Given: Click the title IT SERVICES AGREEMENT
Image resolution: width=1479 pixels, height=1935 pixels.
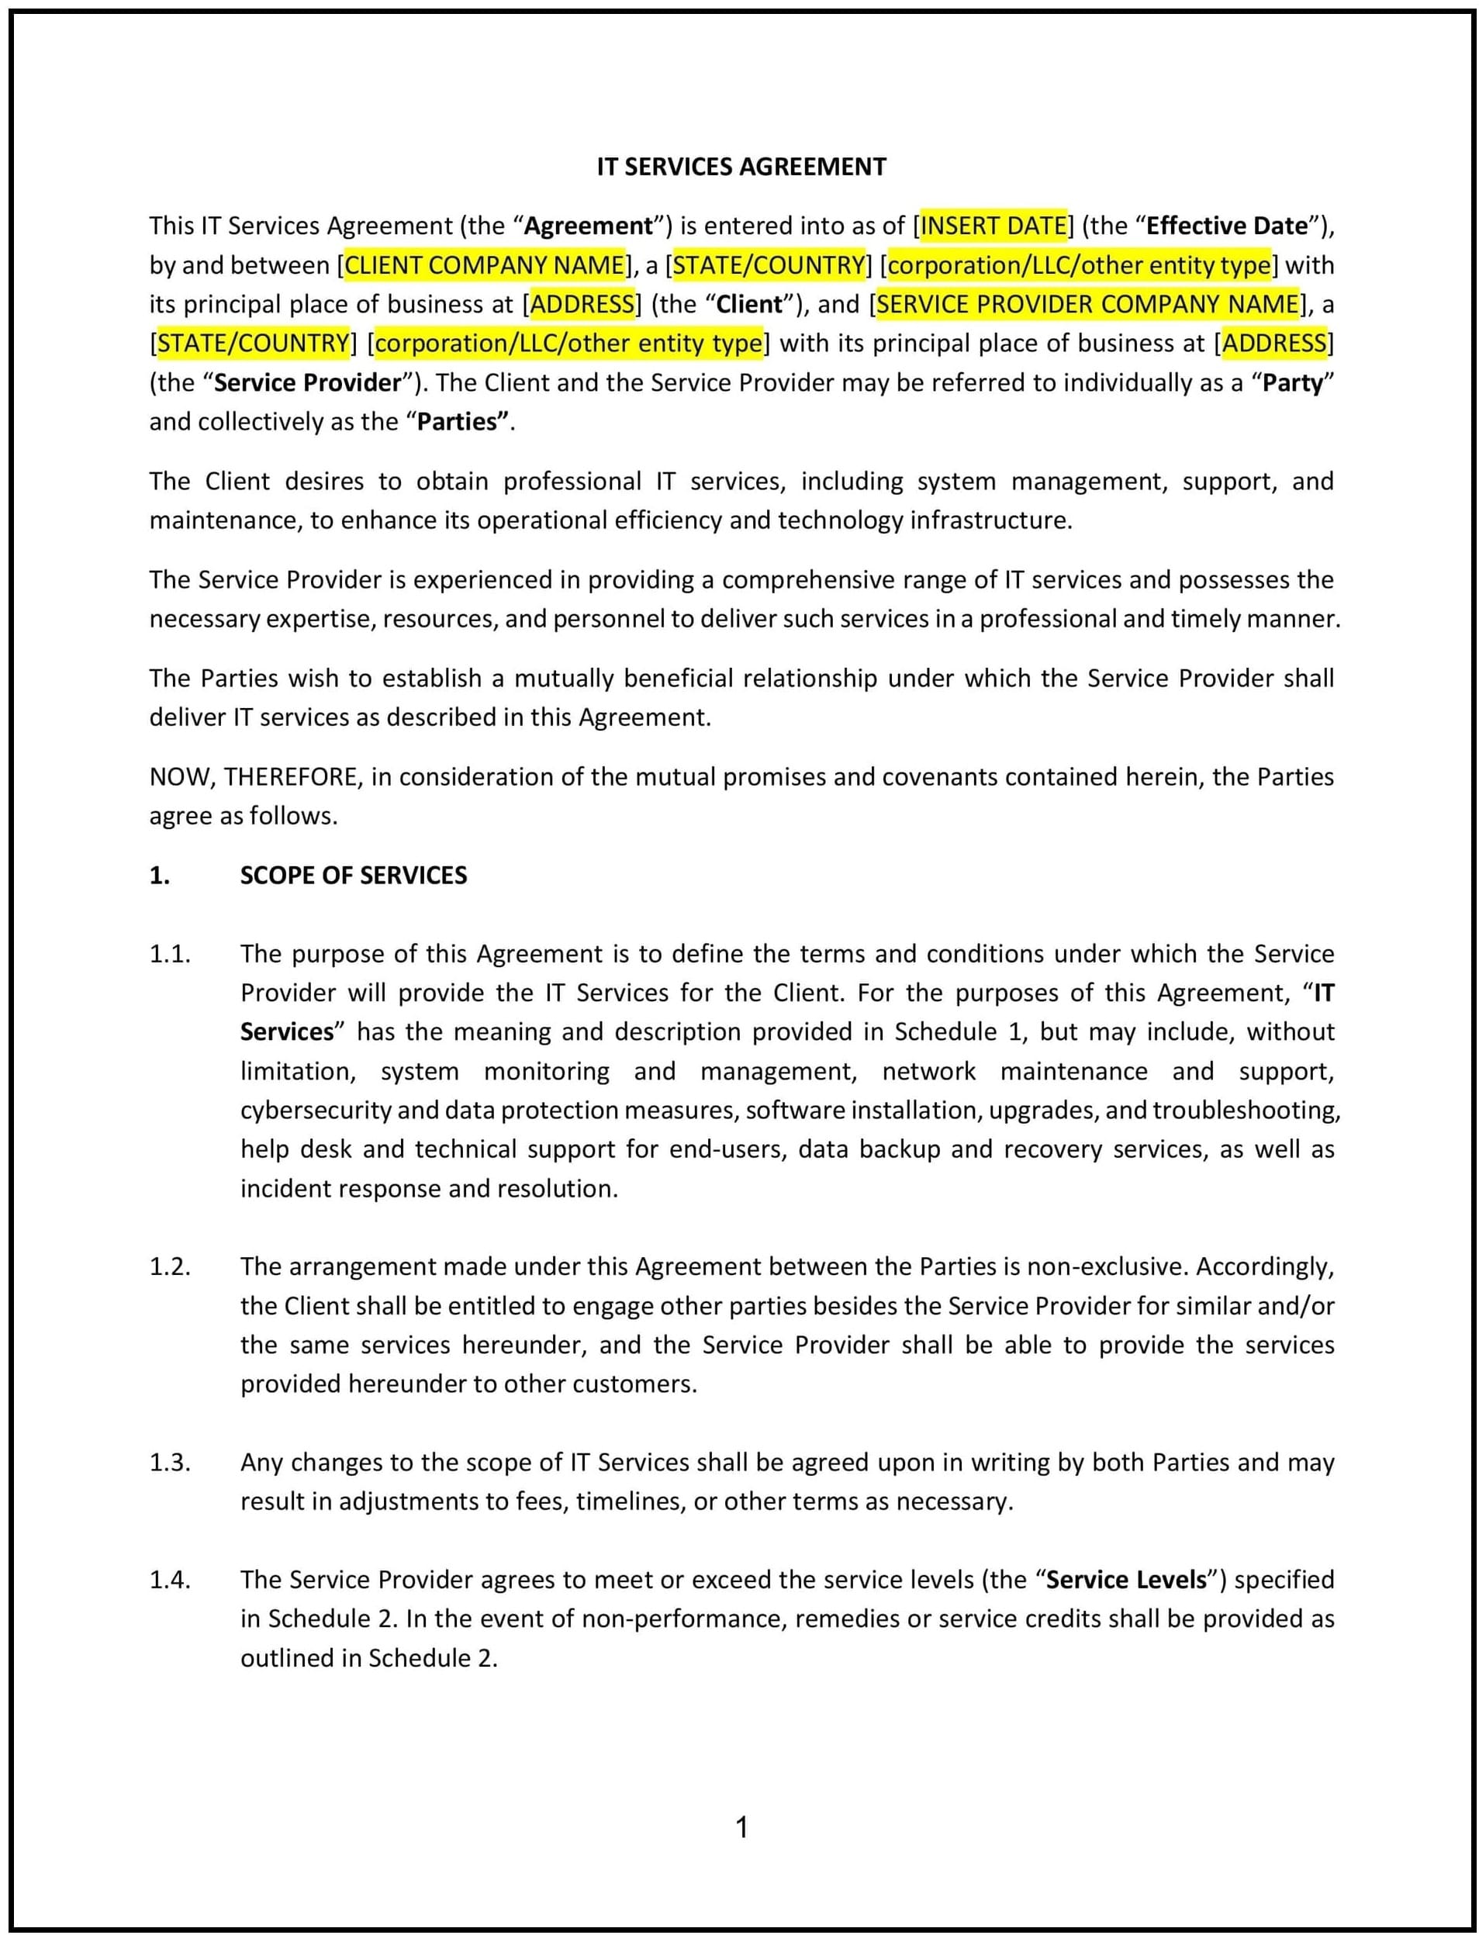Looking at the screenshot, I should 741,167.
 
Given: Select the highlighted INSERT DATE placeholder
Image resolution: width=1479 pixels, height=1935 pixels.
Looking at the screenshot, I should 993,226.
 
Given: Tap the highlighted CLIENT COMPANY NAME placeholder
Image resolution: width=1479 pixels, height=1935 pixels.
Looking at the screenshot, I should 484,265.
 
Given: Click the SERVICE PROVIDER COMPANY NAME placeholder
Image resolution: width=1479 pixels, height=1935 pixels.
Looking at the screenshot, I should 1087,304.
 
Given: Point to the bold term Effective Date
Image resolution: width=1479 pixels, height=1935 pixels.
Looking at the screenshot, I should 1227,226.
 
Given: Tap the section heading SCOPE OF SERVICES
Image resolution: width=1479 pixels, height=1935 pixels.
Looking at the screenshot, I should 353,875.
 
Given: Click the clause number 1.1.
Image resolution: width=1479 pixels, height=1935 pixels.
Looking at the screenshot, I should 170,953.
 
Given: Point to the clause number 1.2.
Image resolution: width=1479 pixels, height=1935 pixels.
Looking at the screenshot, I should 170,1266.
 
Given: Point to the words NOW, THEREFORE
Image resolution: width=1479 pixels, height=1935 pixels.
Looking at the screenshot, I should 254,776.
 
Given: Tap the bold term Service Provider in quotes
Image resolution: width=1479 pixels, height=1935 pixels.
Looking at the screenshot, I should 307,382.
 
